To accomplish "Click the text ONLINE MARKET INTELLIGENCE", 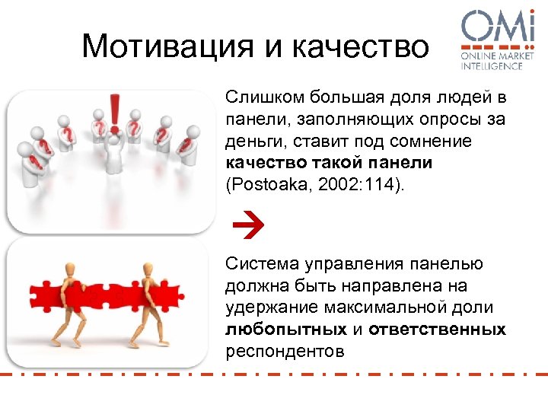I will point(492,60).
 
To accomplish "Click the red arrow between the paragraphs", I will point(245,222).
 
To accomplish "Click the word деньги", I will point(252,142).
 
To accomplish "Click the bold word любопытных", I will point(285,330).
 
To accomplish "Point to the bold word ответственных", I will point(437,330).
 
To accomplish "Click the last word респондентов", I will point(285,352).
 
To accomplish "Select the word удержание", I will point(266,307).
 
